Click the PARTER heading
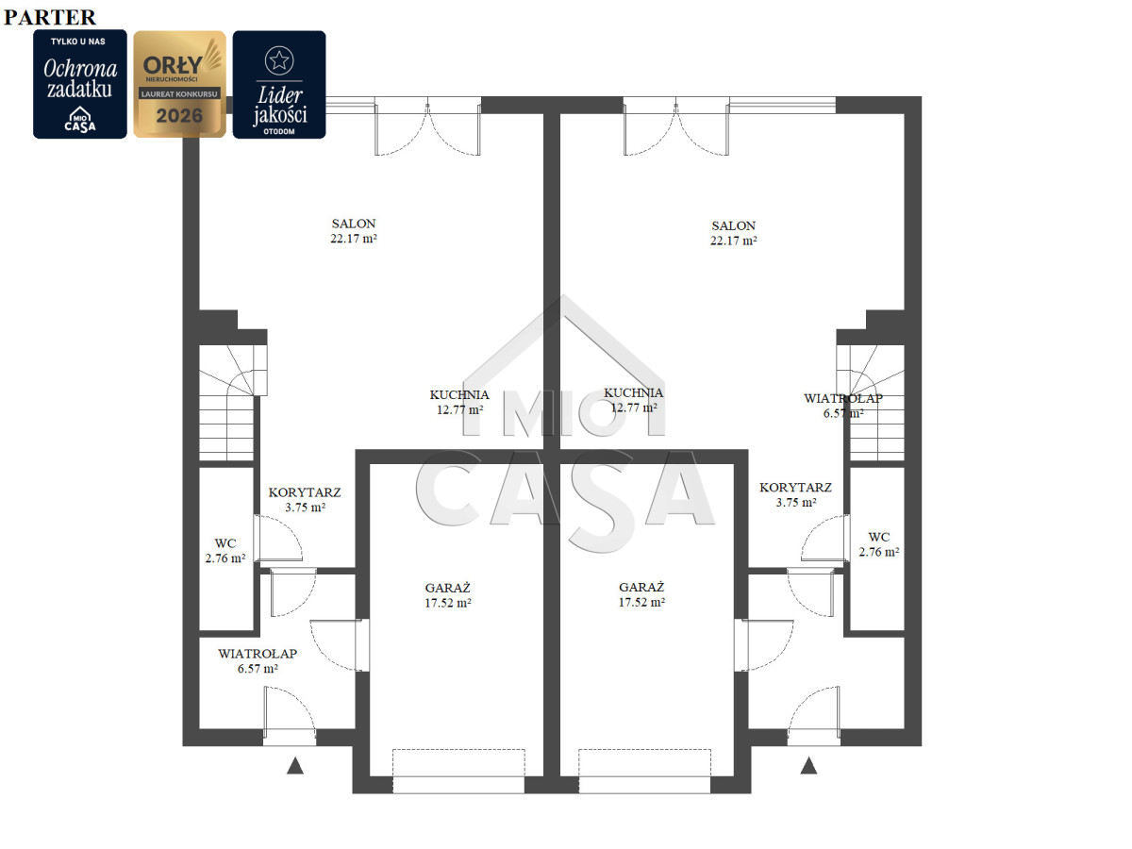(x=49, y=17)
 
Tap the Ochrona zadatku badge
(x=80, y=84)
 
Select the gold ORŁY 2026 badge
(x=179, y=84)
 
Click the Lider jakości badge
(x=279, y=85)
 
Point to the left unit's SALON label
(x=354, y=230)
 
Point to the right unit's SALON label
(x=733, y=232)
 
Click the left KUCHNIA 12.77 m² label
(x=459, y=402)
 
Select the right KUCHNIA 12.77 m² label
(x=633, y=400)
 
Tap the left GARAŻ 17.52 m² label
(x=448, y=595)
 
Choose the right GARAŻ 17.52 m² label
(x=641, y=594)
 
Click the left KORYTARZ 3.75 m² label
(x=305, y=500)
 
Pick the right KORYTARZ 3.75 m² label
(x=796, y=494)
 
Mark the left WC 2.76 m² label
(x=225, y=551)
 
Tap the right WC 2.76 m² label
(x=879, y=544)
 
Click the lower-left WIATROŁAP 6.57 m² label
(x=258, y=661)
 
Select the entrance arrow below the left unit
(x=295, y=765)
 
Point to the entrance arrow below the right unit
(x=808, y=765)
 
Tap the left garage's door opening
(x=458, y=772)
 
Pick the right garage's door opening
(x=644, y=772)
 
